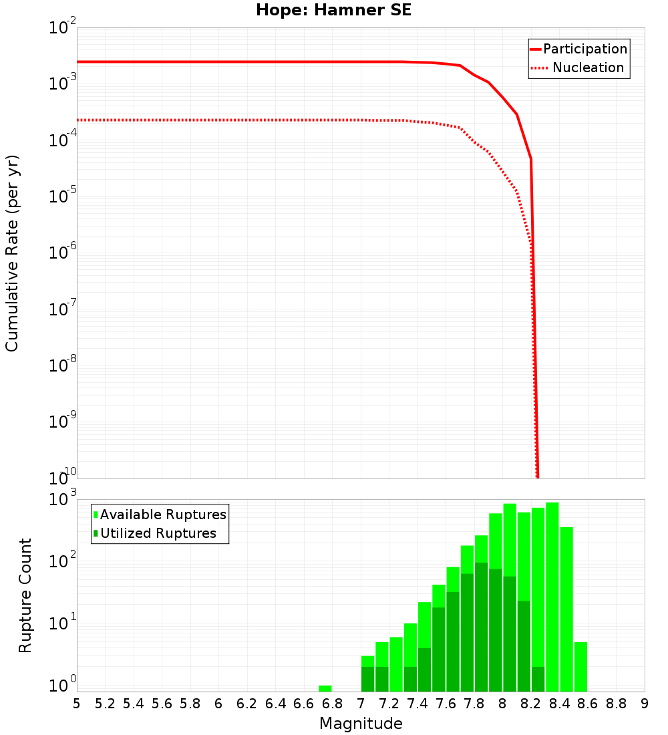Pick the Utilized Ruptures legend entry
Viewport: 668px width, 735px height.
tap(158, 533)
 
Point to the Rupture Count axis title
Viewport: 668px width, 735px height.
tap(25, 595)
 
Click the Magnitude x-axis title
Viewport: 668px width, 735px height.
tap(361, 724)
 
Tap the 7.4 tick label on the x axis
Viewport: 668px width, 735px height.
tap(417, 704)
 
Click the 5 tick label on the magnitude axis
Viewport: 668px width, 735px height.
tap(77, 704)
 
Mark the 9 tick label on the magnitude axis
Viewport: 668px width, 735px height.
tap(645, 704)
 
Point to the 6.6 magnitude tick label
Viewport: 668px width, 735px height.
tap(304, 704)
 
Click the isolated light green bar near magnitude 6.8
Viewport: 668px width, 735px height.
tap(325, 688)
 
